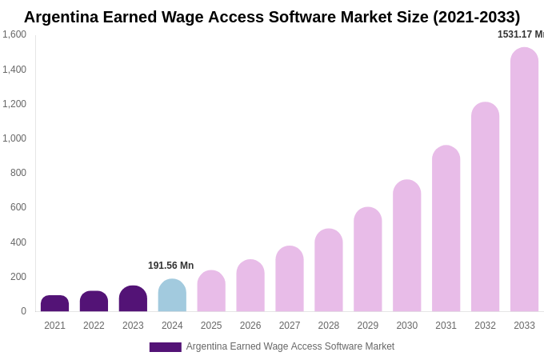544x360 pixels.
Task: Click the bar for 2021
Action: click(x=54, y=304)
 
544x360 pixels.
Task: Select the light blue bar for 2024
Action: click(x=172, y=295)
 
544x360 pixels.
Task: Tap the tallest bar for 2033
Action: click(x=524, y=179)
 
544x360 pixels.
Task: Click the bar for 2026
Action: click(x=250, y=286)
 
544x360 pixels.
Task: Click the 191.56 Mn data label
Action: click(x=170, y=266)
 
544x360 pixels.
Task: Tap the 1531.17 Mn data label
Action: click(x=521, y=34)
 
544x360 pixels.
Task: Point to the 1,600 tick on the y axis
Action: click(x=14, y=34)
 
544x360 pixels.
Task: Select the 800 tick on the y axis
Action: click(x=18, y=173)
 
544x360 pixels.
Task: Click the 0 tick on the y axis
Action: click(x=23, y=311)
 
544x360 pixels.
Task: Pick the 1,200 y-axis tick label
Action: click(x=14, y=104)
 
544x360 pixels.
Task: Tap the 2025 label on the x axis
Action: click(x=211, y=326)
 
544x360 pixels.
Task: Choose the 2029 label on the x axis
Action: click(x=368, y=326)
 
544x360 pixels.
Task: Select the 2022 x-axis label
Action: click(x=94, y=326)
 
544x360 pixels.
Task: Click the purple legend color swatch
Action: click(x=165, y=347)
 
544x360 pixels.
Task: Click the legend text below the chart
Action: click(x=290, y=346)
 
